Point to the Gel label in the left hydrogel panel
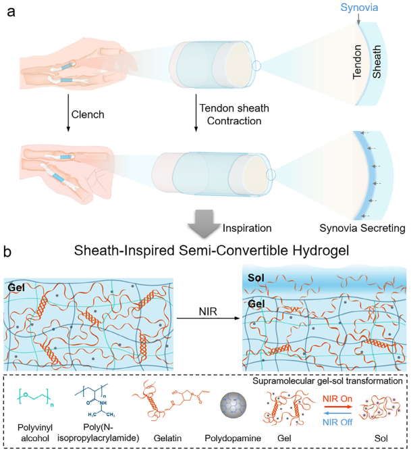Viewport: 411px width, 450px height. click(17, 286)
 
